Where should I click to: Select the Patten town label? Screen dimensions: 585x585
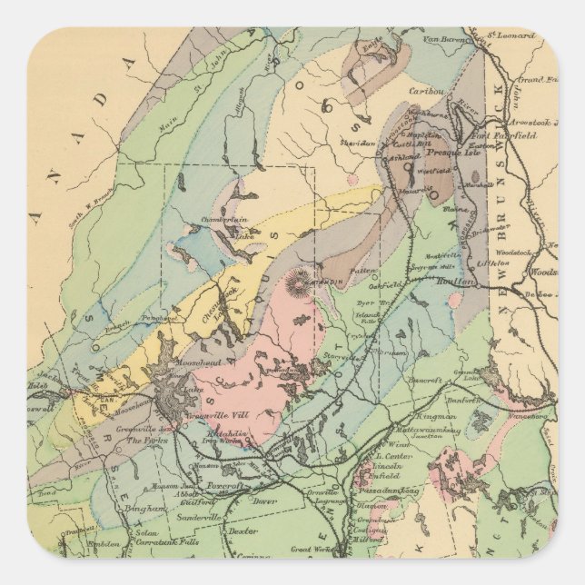click(363, 270)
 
